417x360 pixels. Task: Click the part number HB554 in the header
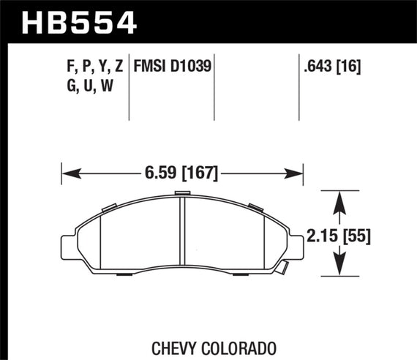[80, 21]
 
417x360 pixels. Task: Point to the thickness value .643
[320, 67]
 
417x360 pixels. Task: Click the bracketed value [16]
[351, 67]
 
